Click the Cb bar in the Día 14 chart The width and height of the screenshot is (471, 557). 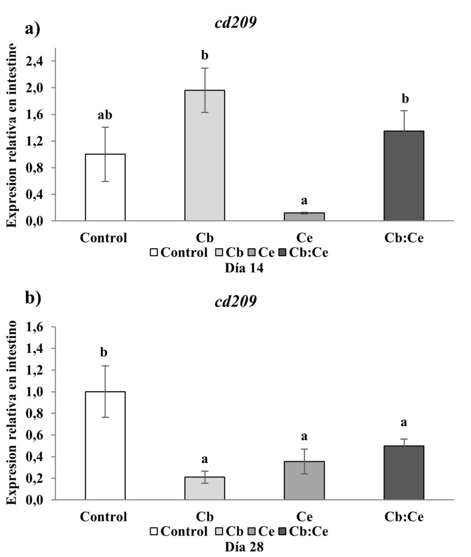click(x=204, y=156)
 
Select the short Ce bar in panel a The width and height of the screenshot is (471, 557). click(x=304, y=216)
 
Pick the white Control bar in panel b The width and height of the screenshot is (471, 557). click(x=106, y=445)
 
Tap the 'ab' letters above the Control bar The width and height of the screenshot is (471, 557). click(x=106, y=115)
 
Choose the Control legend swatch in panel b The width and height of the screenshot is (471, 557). click(x=154, y=531)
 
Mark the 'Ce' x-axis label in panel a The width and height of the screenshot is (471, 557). click(x=304, y=238)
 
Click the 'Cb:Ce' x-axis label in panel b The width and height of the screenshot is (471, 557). click(x=404, y=516)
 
